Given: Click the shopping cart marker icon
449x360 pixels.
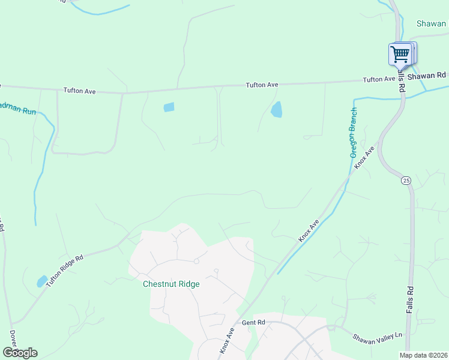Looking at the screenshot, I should coord(400,55).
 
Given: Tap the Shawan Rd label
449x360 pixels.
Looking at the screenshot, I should coord(426,76).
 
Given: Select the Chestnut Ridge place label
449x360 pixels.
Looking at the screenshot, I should coord(170,284).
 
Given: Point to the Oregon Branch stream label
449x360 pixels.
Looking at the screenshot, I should coord(354,132).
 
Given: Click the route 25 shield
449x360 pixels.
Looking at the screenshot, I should coord(406,180).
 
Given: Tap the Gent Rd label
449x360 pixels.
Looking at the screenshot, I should coord(253,323).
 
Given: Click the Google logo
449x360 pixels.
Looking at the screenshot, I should coord(19,353).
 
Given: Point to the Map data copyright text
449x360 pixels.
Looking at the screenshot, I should coord(423,355).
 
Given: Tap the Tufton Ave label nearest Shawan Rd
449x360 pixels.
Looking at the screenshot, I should coord(379,79).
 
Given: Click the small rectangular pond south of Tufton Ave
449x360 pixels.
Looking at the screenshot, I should coord(169,107).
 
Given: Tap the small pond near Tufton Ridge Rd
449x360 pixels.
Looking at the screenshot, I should coord(41,281).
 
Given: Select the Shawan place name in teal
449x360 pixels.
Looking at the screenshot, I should coord(432,24).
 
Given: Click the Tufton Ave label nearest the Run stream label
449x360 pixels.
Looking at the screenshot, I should coord(80,91).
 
